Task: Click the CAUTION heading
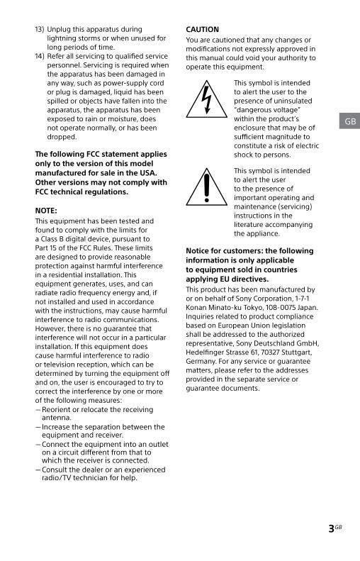pyautogui.click(x=202, y=30)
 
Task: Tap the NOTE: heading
pyautogui.click(x=46, y=211)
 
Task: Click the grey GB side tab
pyautogui.click(x=349, y=121)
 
